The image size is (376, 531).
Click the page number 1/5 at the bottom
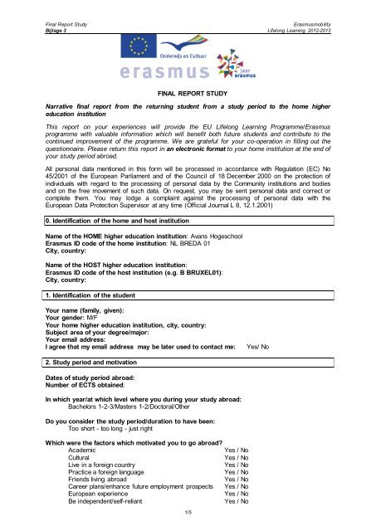[x=188, y=514]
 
